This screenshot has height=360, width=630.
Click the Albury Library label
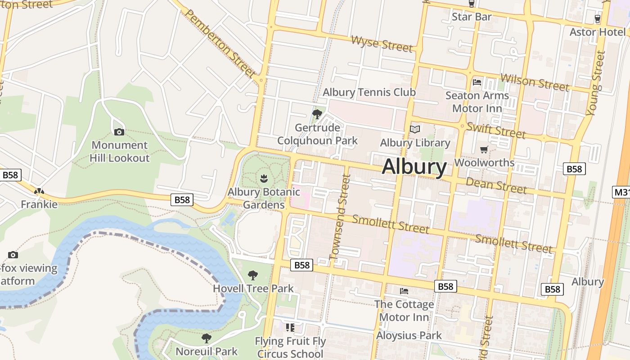coord(415,143)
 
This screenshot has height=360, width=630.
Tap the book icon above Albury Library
coord(415,130)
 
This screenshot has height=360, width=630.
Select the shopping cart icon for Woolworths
coord(484,149)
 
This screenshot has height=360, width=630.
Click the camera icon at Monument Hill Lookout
coord(119,132)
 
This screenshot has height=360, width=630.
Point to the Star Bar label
coord(472,17)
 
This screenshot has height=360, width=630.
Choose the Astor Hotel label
coord(597,32)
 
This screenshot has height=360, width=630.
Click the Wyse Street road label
coord(382,44)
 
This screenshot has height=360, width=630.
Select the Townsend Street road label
coord(340,218)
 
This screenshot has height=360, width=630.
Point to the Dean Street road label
coord(496,185)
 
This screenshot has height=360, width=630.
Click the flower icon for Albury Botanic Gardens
coord(264,178)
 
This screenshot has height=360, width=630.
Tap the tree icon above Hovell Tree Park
coord(253,275)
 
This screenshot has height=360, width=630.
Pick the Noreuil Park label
coord(207,351)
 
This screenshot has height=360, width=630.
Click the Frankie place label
coord(39,204)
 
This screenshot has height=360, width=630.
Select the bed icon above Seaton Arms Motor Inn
coord(477,82)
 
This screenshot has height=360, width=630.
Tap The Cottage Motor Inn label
coord(404,310)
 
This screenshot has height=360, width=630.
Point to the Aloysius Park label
coord(409,335)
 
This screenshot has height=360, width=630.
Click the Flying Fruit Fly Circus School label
coord(290,347)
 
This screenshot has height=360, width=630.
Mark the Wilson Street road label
coord(535,82)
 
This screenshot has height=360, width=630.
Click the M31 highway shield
coord(622,193)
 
